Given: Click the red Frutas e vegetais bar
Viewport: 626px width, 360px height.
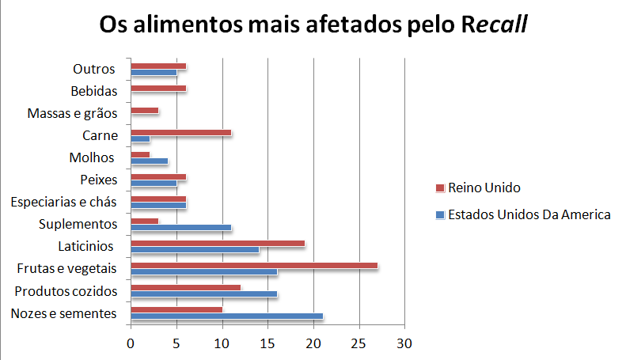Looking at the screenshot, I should coord(253,265).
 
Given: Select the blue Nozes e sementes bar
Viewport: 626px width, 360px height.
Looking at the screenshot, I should coord(226,316).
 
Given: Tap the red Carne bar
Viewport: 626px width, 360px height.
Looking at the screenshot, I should coord(180,132).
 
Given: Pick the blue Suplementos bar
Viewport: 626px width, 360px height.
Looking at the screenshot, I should coord(180,227).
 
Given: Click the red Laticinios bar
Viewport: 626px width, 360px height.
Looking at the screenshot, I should coord(218,243).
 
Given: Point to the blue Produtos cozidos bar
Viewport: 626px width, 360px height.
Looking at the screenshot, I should coord(203,294).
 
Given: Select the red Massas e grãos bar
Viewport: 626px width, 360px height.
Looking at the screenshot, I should coord(144,110).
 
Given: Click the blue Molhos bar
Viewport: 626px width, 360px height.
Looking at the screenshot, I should coord(149,161).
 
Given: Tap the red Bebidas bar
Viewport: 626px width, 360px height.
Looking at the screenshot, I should coord(158,88).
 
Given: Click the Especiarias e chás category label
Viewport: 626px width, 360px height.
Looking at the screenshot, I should coord(64,202).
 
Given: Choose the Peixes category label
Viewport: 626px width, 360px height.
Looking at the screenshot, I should coord(99,180).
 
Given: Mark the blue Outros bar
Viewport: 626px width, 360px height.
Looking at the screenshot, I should coord(154,73).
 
